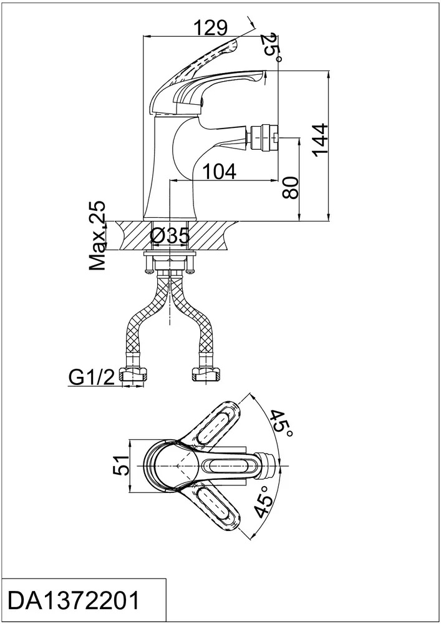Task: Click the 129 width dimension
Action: (x=210, y=27)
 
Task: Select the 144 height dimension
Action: (x=321, y=140)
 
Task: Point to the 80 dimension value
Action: (x=291, y=188)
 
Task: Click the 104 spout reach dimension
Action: (x=220, y=172)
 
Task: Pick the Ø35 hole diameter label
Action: (x=170, y=237)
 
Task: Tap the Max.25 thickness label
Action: (x=98, y=236)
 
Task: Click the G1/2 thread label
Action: (x=92, y=378)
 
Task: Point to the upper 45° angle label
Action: (x=281, y=423)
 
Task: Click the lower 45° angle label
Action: (x=264, y=500)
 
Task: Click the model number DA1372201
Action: (x=74, y=600)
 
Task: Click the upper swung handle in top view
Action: (x=217, y=426)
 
